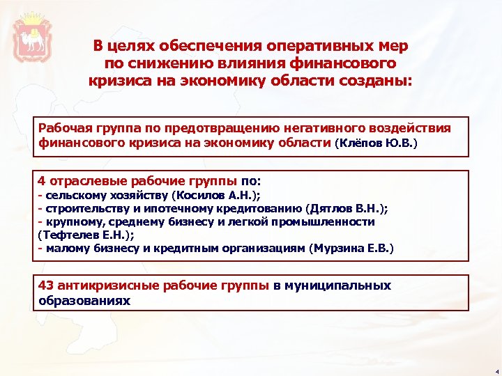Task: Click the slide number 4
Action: pos(495,370)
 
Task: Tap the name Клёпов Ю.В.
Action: pos(376,143)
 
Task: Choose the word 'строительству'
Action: pos(81,208)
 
